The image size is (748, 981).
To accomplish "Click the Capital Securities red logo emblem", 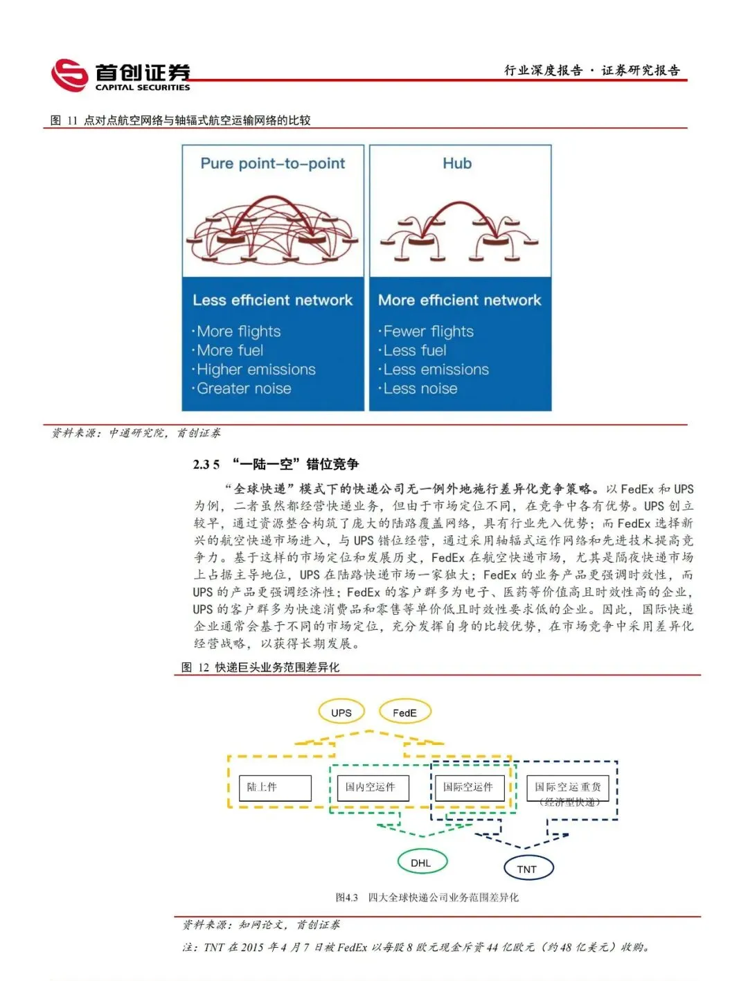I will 70,75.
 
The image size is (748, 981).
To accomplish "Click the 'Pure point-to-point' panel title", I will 272,163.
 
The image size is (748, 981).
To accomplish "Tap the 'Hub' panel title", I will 457,163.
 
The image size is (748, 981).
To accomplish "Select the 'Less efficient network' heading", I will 272,300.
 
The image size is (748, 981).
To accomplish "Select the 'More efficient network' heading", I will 459,300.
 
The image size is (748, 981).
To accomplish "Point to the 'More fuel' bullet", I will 230,350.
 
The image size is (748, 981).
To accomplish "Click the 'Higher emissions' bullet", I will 256,370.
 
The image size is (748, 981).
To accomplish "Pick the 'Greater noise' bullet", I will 244,388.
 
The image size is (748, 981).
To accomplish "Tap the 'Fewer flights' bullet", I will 428,332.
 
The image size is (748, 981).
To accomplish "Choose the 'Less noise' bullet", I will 420,388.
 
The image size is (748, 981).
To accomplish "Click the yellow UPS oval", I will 341,712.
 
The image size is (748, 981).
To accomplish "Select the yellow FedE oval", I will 404,712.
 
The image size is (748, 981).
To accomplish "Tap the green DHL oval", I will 421,863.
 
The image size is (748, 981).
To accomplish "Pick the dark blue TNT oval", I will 527,869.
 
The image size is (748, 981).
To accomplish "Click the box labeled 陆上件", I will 275,788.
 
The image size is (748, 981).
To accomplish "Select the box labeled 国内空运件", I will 372,788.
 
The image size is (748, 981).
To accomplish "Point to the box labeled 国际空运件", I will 469,788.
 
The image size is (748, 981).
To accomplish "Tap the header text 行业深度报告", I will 543,70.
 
